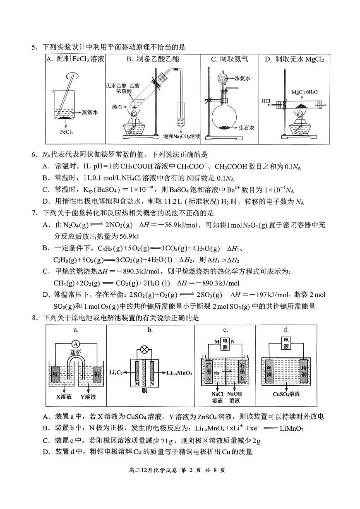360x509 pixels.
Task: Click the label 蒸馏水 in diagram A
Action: (x=90, y=112)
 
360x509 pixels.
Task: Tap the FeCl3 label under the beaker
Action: (x=66, y=132)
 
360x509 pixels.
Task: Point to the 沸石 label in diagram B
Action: (x=117, y=106)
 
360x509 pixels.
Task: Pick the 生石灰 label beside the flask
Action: (x=246, y=128)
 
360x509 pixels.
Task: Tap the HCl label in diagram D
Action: (x=266, y=101)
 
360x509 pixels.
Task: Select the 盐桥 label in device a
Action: (x=75, y=352)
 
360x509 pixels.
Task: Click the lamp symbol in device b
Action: (x=145, y=349)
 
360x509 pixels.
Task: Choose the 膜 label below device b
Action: (x=144, y=390)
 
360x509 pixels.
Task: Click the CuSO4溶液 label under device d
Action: (x=286, y=394)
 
